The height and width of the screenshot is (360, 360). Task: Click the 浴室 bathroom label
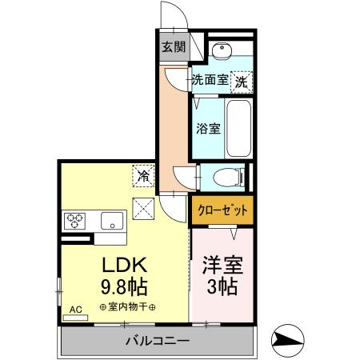point(209,128)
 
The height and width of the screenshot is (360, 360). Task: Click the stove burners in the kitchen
point(77,219)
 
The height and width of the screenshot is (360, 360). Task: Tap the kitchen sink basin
point(110,219)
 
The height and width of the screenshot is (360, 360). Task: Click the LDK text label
point(123,266)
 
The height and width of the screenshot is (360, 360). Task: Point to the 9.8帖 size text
point(123,286)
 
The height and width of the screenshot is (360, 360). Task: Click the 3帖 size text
point(222,286)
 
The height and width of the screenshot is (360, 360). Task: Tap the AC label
point(76,308)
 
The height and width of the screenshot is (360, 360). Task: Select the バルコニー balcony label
point(157,342)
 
